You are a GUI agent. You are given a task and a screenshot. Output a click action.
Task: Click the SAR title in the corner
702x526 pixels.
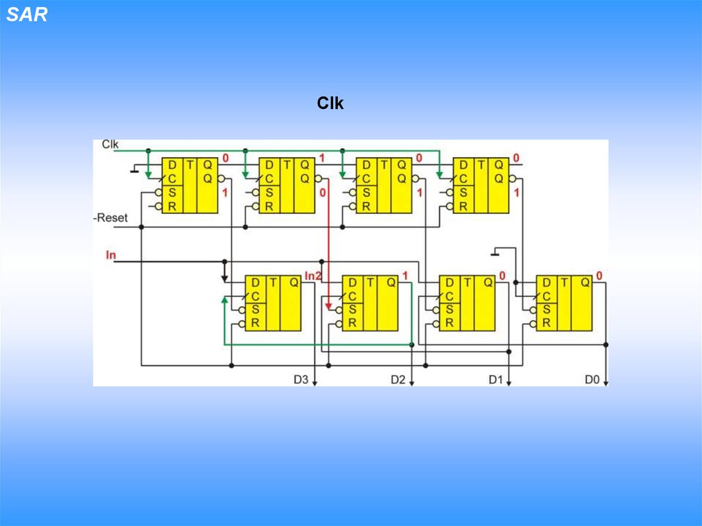point(27,15)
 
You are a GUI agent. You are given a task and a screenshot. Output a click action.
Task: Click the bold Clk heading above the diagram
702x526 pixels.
point(330,104)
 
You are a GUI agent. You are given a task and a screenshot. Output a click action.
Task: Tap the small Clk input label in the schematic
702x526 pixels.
point(110,144)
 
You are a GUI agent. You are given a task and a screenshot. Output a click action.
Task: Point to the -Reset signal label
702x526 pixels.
point(110,218)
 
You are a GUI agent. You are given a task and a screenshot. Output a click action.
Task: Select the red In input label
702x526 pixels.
point(111,255)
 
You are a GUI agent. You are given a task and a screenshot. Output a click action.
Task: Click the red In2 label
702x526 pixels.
point(313,276)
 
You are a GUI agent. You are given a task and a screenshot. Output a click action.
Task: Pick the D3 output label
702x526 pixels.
point(301,379)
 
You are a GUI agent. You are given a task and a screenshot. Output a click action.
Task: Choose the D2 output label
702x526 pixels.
point(398,379)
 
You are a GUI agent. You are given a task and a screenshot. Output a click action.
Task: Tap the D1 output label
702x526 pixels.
point(496,379)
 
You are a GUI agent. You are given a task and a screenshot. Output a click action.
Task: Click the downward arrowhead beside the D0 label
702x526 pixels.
point(606,382)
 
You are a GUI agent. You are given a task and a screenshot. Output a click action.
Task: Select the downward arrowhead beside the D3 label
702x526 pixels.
point(315,382)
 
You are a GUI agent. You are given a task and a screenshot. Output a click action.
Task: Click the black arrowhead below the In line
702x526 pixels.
point(224,278)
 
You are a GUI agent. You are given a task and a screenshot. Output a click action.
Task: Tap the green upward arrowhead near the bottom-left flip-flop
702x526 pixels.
point(224,300)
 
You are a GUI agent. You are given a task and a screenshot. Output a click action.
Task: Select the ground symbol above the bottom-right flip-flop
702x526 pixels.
point(496,253)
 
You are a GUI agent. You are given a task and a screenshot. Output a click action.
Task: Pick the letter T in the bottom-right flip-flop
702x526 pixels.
point(564,282)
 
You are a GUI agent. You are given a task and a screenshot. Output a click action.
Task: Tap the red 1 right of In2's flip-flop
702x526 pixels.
point(405,276)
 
